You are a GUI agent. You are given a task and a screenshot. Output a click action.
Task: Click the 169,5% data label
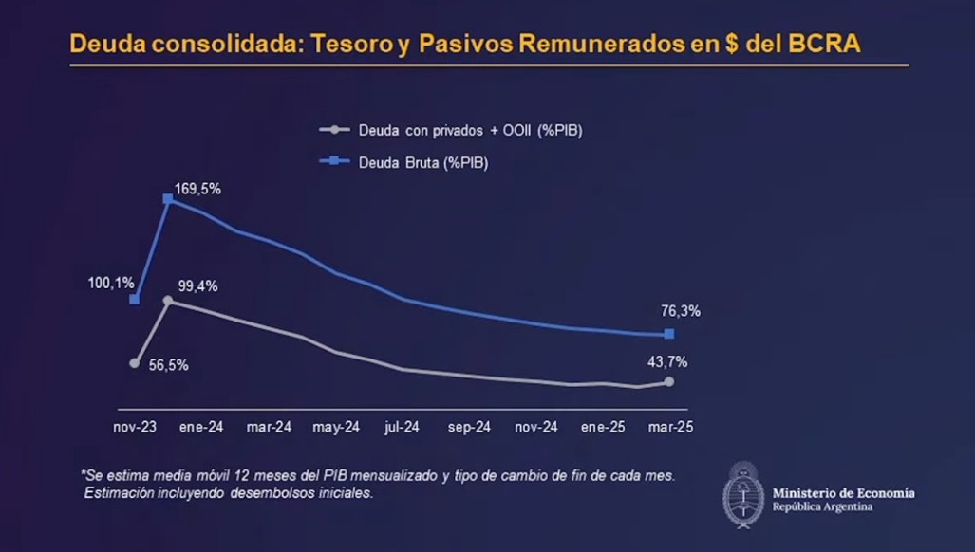click(197, 189)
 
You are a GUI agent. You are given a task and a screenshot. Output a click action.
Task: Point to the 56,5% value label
click(169, 364)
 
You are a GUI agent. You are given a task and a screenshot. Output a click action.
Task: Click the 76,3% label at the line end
click(681, 310)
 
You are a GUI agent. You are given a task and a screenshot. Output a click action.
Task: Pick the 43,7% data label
click(668, 361)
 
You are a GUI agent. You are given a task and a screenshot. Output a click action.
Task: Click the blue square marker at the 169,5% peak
click(168, 199)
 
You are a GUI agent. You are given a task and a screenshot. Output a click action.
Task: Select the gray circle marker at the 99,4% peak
click(168, 301)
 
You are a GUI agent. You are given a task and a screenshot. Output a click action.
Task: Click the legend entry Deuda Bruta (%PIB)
click(422, 162)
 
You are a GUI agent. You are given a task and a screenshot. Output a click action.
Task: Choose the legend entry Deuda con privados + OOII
click(469, 130)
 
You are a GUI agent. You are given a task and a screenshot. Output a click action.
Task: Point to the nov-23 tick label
click(134, 428)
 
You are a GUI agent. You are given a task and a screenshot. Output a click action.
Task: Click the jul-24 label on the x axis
click(402, 428)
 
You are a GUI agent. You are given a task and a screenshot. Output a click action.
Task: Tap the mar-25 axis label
click(670, 428)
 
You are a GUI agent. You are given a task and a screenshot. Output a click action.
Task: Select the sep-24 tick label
click(469, 428)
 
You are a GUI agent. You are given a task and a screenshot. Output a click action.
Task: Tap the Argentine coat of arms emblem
click(743, 494)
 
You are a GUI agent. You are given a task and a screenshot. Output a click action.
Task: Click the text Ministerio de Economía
click(843, 492)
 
